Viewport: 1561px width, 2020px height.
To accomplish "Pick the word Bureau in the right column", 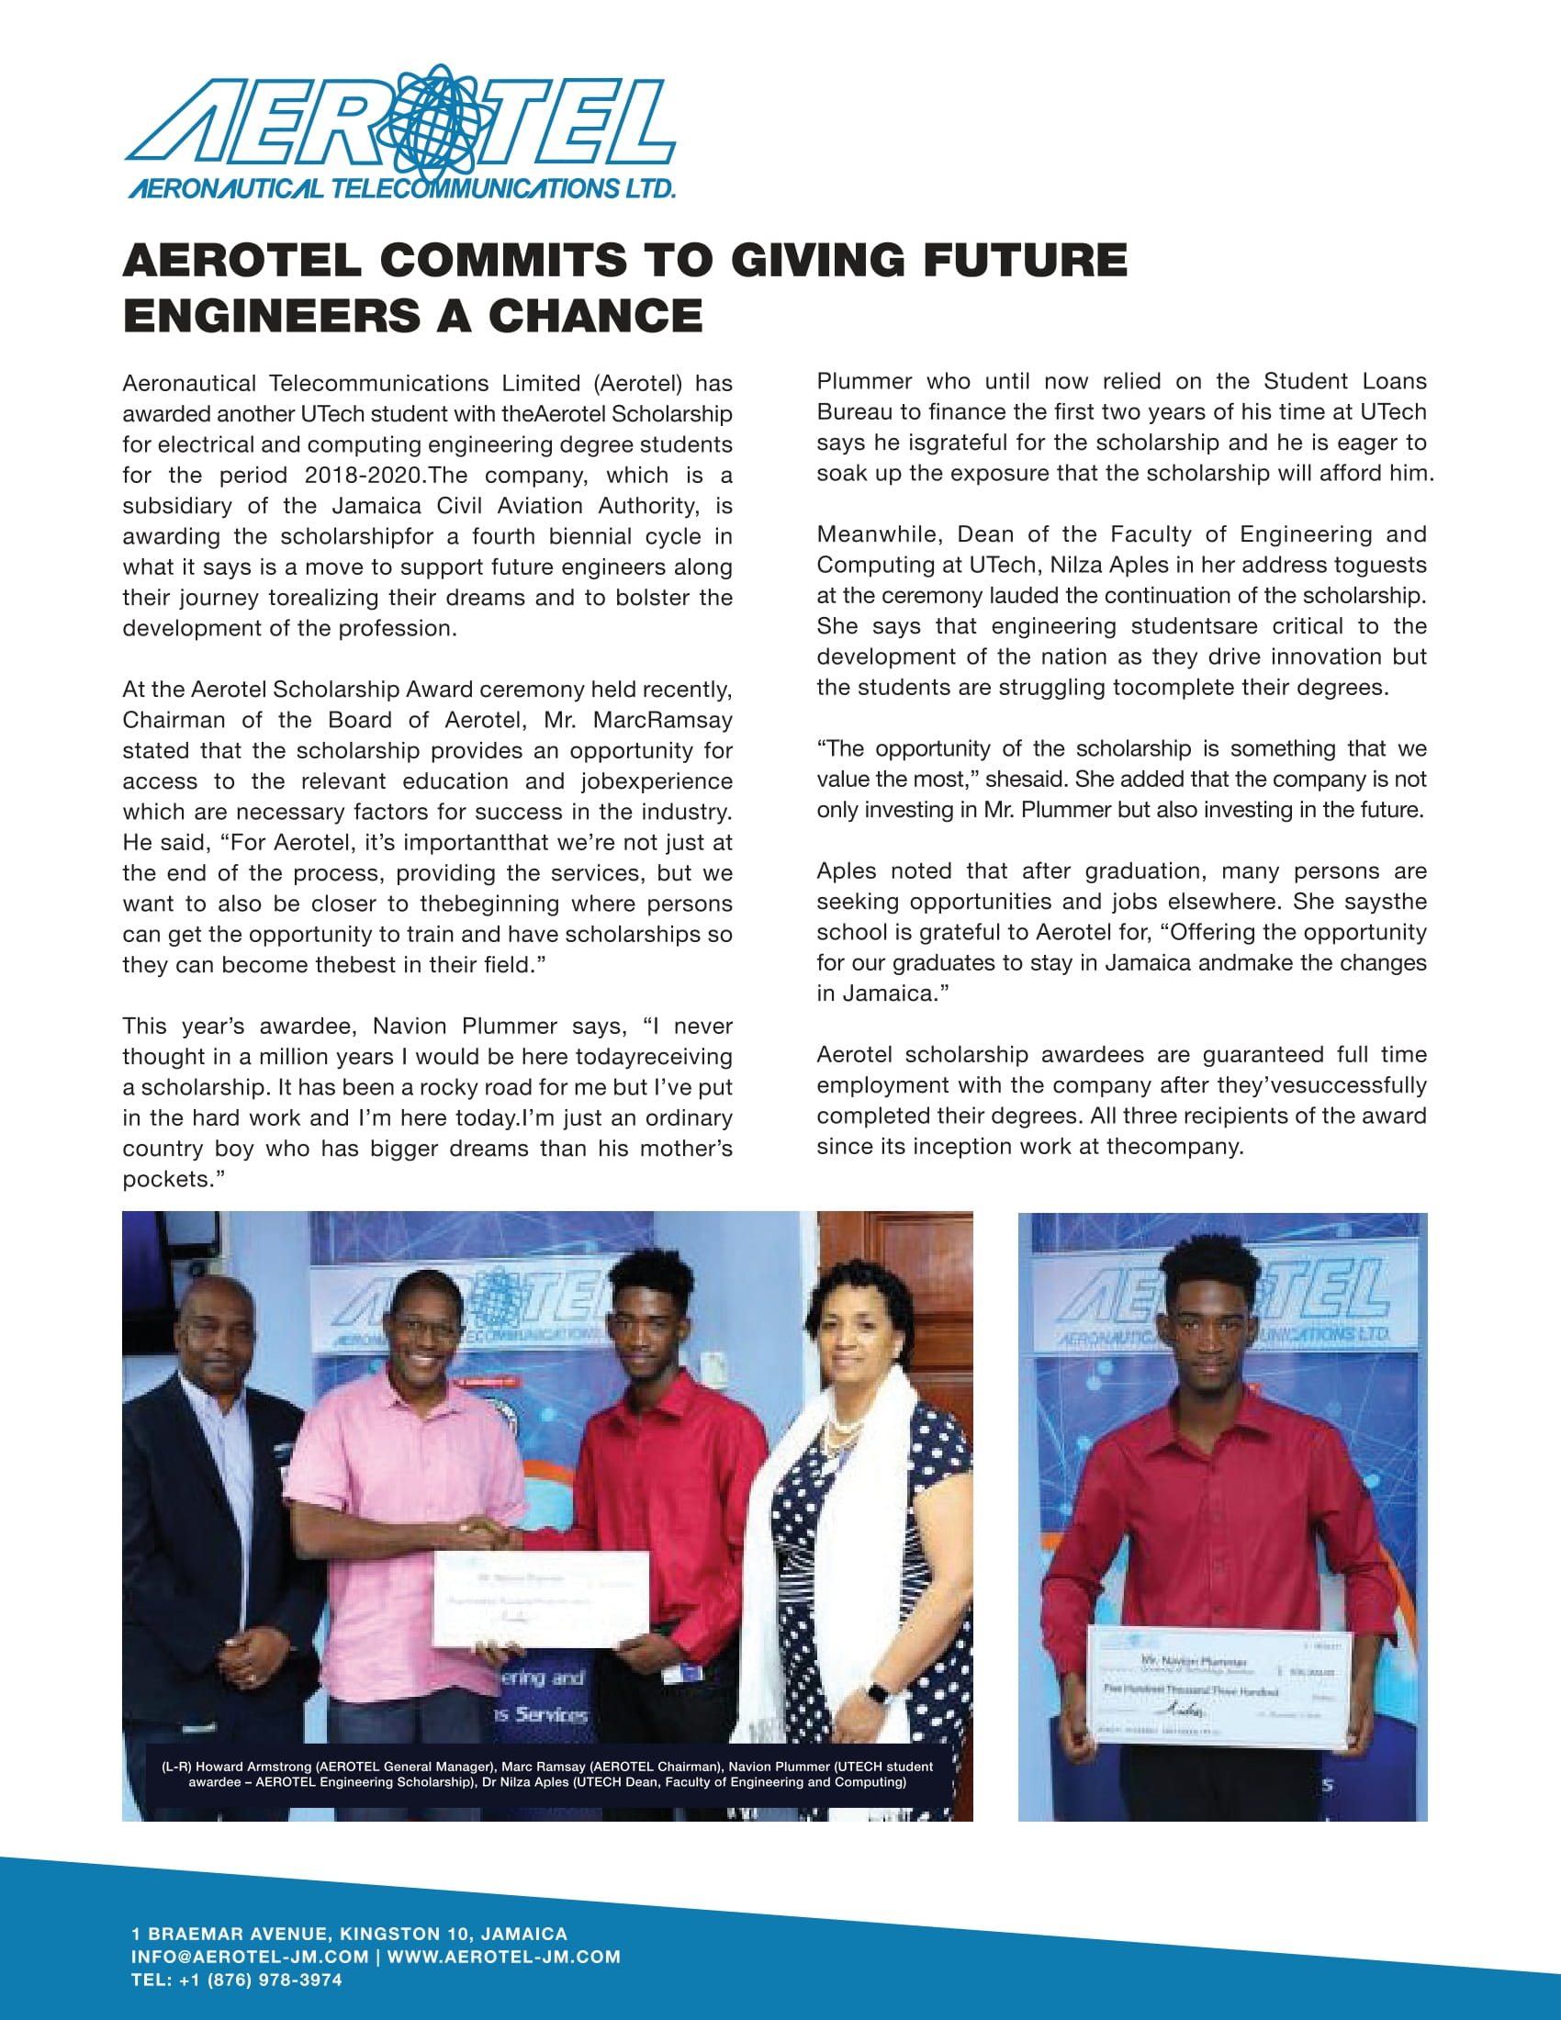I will (x=857, y=411).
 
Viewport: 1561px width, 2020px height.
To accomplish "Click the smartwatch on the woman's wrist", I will (x=878, y=1692).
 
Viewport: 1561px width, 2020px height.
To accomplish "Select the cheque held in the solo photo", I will (x=1218, y=1688).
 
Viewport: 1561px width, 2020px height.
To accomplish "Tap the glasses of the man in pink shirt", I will (x=426, y=1330).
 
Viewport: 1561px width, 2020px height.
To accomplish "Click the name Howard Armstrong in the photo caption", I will (x=253, y=1766).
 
